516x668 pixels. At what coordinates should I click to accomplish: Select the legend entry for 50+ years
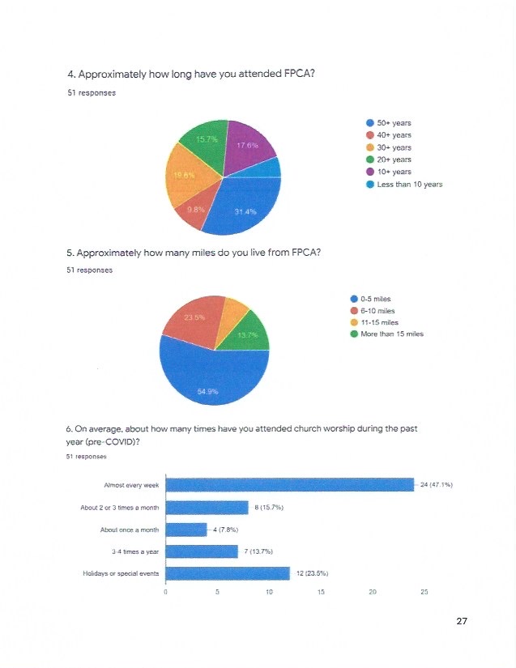point(394,123)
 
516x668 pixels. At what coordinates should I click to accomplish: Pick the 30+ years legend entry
point(394,147)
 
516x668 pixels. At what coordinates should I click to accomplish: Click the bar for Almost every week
point(289,485)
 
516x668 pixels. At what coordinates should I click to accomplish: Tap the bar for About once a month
point(186,530)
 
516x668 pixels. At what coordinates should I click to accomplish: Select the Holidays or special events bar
point(228,574)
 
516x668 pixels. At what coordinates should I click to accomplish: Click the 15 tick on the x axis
point(321,593)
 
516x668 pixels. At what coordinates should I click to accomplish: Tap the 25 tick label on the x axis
point(424,593)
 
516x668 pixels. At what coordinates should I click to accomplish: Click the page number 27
point(462,621)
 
